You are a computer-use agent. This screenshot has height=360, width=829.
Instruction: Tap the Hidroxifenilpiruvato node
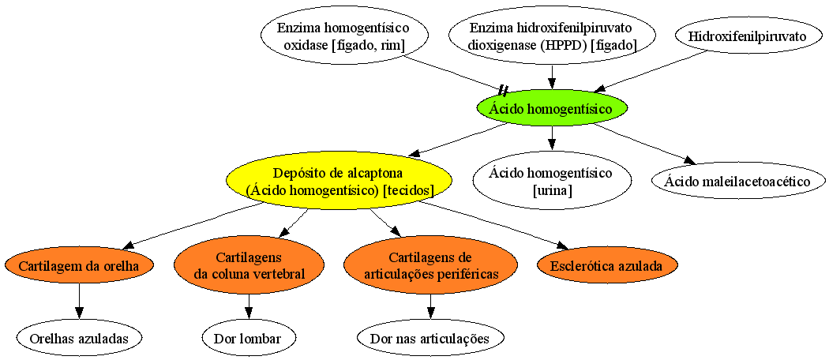[747, 36]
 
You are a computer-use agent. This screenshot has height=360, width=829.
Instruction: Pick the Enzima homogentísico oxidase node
[343, 36]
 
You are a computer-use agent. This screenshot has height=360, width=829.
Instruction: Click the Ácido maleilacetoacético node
[737, 182]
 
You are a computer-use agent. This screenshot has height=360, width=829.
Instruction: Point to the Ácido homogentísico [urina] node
[551, 182]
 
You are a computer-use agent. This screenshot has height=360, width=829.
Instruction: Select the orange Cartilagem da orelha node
[79, 265]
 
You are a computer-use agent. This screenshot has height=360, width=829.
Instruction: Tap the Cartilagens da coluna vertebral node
[249, 265]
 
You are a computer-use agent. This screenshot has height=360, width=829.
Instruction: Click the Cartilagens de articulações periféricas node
[430, 265]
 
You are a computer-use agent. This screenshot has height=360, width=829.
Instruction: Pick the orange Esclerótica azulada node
[607, 265]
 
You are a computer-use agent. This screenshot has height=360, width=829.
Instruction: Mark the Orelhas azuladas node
[79, 339]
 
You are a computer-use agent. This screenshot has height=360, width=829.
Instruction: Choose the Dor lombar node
[249, 339]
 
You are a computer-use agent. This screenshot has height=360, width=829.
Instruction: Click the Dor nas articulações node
[430, 339]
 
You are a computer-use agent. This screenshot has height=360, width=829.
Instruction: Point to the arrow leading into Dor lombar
[249, 306]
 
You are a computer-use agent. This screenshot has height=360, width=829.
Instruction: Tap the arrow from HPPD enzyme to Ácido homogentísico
[551, 76]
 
